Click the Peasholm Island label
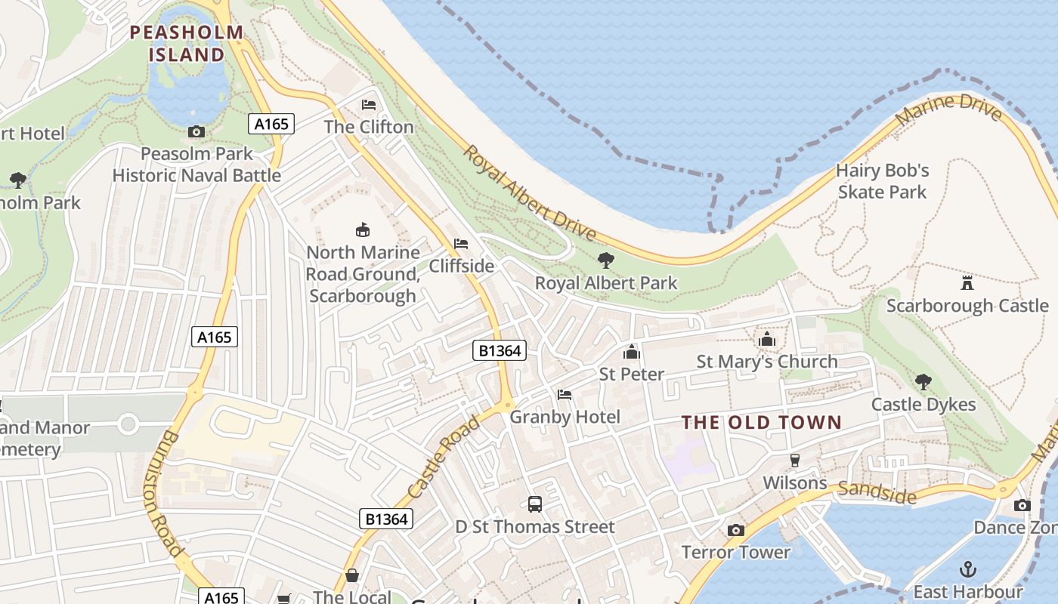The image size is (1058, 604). coord(187,44)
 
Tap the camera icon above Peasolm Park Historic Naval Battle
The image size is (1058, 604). coord(196,132)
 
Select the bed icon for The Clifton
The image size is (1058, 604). coord(369,104)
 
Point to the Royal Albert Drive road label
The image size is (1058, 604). coord(529,194)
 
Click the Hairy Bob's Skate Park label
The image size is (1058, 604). coord(882,181)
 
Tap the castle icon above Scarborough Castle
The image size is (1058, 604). coord(967,283)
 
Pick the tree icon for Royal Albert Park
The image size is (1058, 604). coord(605,260)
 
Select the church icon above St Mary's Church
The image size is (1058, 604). coord(767,339)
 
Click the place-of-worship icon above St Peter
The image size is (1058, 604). coord(632,352)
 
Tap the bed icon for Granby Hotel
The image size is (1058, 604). coord(565,394)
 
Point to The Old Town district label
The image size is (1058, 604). coord(762,422)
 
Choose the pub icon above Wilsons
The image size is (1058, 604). coord(794,460)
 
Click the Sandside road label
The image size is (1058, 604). coord(877,492)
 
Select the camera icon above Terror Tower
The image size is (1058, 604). coord(735,530)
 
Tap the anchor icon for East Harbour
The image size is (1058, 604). coord(967,569)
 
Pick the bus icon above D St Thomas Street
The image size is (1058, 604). coord(535,504)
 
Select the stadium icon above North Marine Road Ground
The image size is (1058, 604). coord(363,230)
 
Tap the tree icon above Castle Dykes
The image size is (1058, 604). coord(923,381)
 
